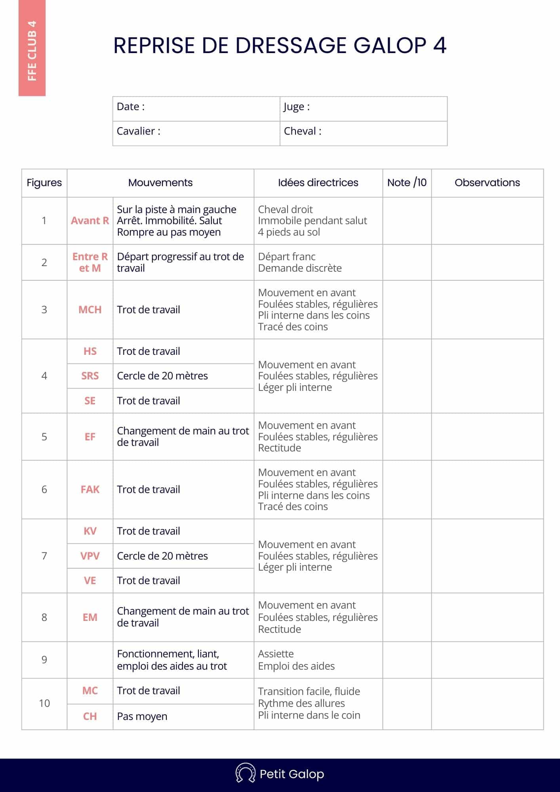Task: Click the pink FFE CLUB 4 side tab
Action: [x=32, y=48]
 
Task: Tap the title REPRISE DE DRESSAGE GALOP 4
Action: [x=280, y=46]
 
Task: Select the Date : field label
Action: [x=131, y=107]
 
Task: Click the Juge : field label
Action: [x=297, y=107]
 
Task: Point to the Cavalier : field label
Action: [x=139, y=131]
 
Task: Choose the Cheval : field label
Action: [x=303, y=131]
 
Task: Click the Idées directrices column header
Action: [x=318, y=183]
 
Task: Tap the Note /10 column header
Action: [x=407, y=183]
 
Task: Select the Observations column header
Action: [x=487, y=183]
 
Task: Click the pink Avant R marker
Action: [x=90, y=221]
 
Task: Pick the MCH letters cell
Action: [x=90, y=310]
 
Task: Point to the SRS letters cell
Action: [x=90, y=376]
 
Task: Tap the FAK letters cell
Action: [x=90, y=489]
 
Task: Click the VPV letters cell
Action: [x=90, y=556]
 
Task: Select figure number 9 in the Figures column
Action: [x=44, y=660]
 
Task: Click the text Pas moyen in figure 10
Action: [x=142, y=716]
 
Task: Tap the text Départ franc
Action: [x=287, y=257]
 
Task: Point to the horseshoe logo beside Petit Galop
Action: [x=245, y=774]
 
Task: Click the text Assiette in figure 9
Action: [x=276, y=654]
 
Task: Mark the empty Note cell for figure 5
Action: [x=407, y=437]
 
